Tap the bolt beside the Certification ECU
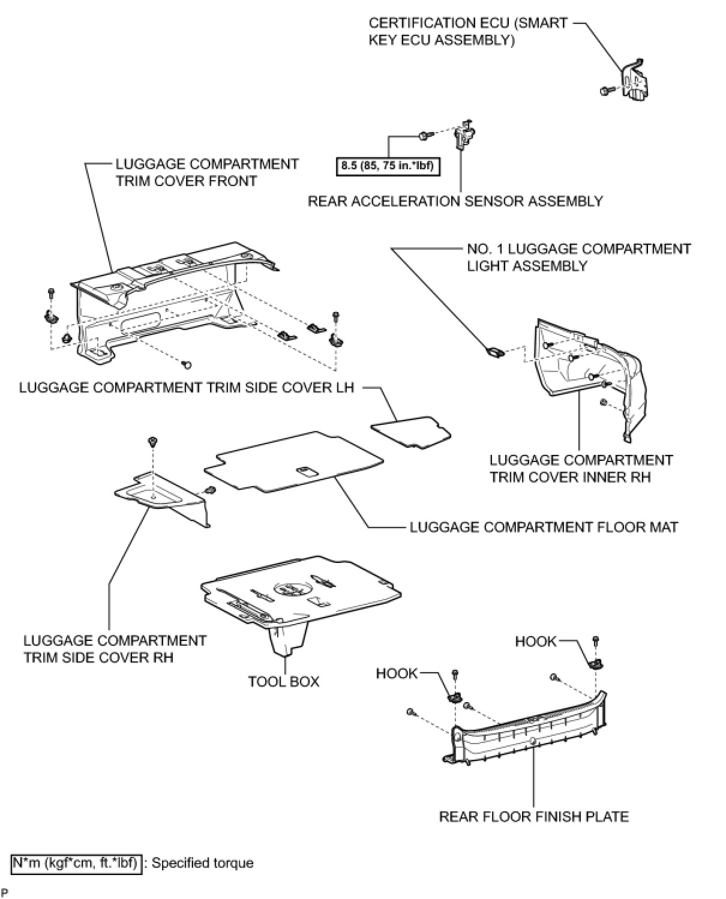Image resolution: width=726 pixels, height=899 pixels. click(x=605, y=91)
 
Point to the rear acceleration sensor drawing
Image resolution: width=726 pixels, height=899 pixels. click(x=463, y=135)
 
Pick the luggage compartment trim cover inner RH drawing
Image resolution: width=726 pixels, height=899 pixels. click(x=591, y=372)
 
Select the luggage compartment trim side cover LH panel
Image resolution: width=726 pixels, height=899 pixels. click(x=412, y=430)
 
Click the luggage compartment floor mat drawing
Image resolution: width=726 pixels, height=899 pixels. click(x=294, y=463)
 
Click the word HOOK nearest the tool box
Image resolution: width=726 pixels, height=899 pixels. click(x=397, y=673)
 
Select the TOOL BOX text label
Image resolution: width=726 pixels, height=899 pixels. click(x=284, y=682)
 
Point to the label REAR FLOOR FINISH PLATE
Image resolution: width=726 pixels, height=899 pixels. click(x=534, y=817)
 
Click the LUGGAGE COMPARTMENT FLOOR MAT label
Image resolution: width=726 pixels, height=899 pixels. click(x=544, y=527)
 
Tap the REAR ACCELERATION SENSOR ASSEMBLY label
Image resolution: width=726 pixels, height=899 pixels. click(x=455, y=201)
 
